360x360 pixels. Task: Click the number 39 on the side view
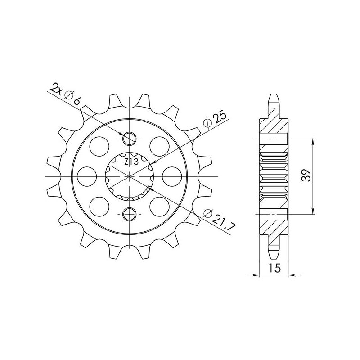[307, 175]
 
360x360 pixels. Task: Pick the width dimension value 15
[274, 268]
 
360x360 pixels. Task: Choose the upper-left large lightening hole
[100, 145]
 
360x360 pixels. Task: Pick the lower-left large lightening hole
[100, 206]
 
